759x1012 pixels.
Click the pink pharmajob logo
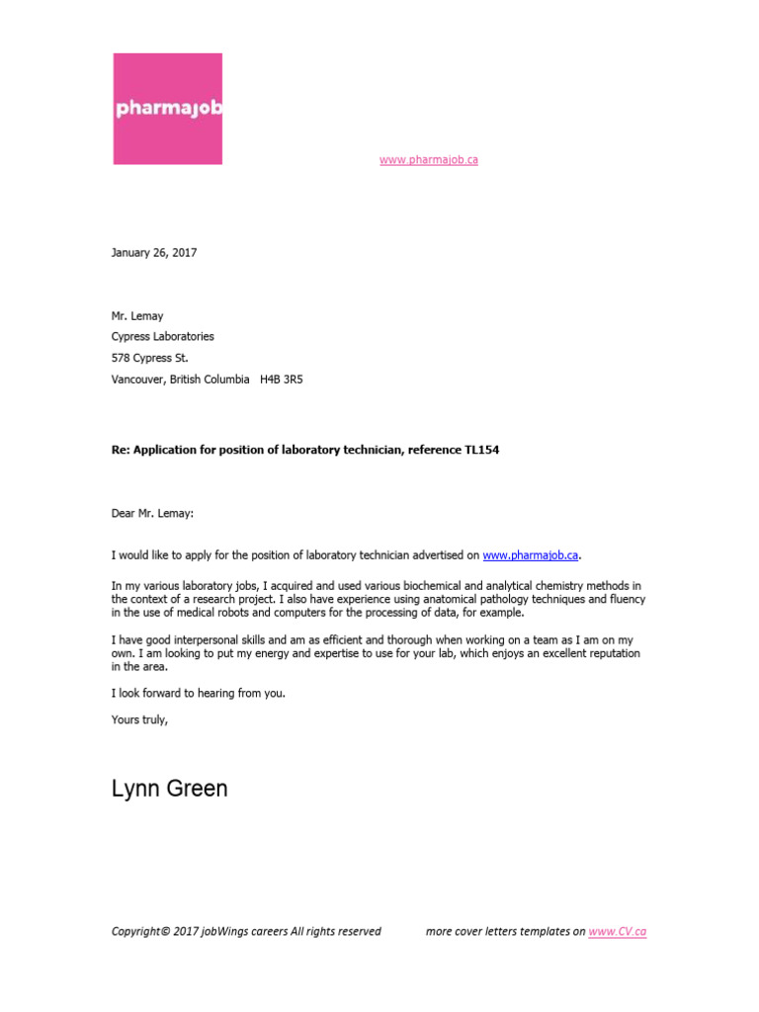(166, 109)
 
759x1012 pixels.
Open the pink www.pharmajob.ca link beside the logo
(428, 160)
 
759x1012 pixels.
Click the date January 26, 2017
(154, 253)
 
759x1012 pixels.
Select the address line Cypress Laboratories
(162, 337)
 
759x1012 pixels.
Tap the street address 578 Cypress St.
(149, 358)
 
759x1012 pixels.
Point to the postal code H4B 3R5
(282, 379)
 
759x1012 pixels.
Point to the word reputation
(607, 653)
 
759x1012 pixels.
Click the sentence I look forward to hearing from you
(199, 693)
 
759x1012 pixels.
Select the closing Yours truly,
(140, 719)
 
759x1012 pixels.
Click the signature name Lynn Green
(169, 789)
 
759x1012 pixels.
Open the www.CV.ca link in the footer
(618, 932)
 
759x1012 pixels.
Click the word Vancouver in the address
(136, 379)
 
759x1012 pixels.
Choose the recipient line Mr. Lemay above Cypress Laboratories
(137, 316)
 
